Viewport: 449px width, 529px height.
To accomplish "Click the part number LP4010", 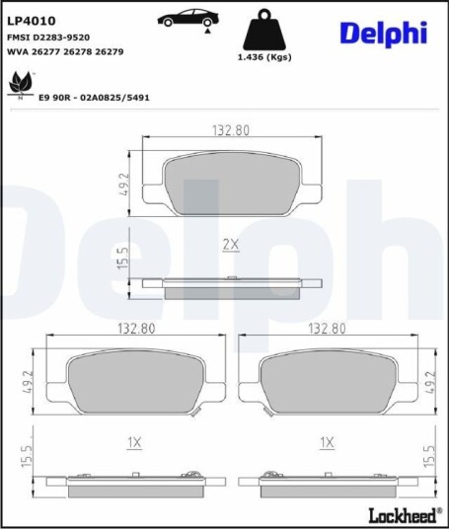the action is click(x=31, y=21).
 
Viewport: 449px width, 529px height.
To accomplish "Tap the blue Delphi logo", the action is click(x=384, y=35).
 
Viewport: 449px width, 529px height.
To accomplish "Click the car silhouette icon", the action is click(x=188, y=18).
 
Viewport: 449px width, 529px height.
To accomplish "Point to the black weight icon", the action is click(x=264, y=30).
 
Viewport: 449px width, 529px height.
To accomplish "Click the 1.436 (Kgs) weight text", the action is click(x=264, y=57).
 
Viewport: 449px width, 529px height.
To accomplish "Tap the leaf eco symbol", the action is click(x=21, y=84).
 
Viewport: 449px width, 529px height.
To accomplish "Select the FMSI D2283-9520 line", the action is click(x=48, y=38).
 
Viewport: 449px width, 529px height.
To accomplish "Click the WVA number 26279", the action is click(x=110, y=52).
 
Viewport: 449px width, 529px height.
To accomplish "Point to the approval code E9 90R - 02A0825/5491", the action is click(x=94, y=98).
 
